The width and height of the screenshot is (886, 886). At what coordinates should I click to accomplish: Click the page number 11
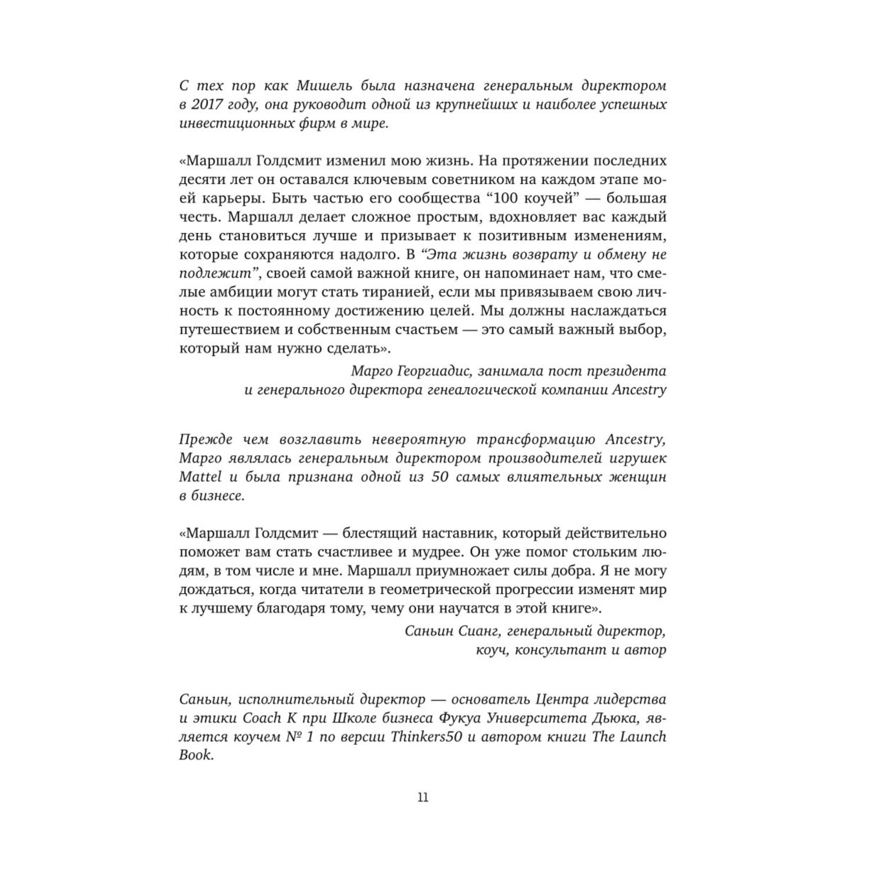pyautogui.click(x=423, y=797)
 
